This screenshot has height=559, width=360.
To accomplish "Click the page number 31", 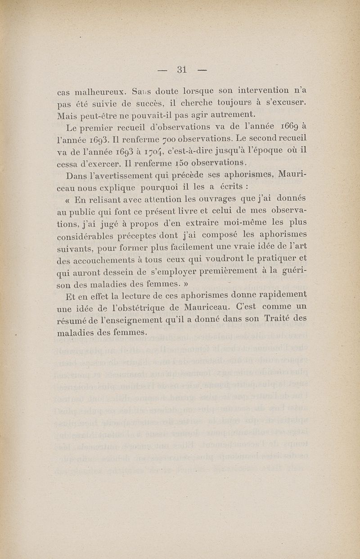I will (182, 69).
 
